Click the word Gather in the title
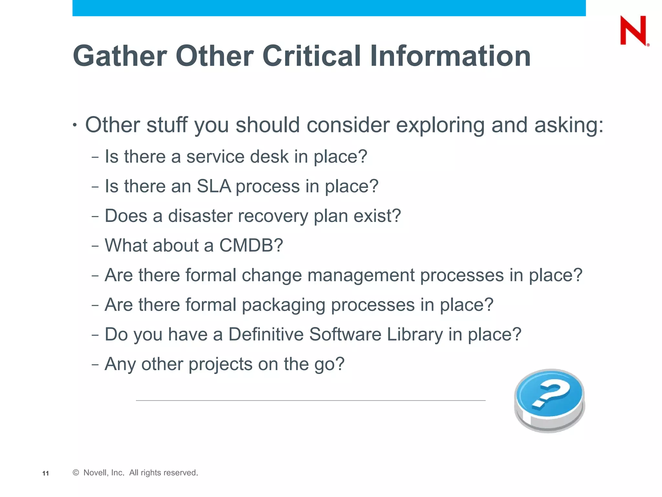click(x=120, y=56)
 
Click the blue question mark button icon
click(x=550, y=400)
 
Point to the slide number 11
click(x=46, y=473)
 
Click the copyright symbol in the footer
click(x=76, y=473)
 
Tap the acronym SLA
click(x=214, y=186)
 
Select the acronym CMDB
click(x=251, y=246)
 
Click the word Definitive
click(x=266, y=335)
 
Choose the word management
click(x=361, y=275)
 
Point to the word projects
click(x=220, y=364)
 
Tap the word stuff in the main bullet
click(x=167, y=125)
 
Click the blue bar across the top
click(x=329, y=8)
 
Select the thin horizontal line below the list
click(x=310, y=401)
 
